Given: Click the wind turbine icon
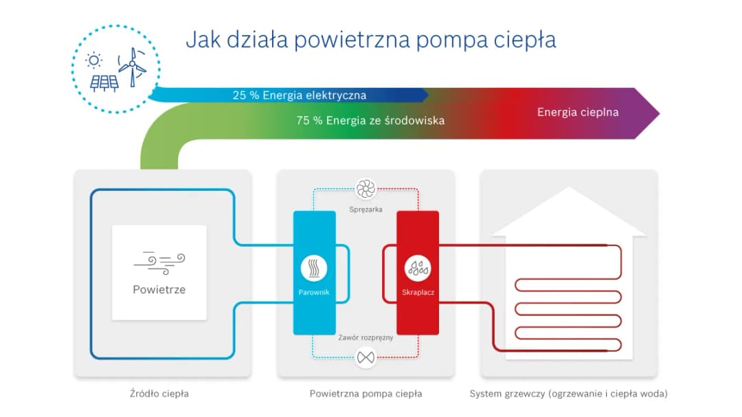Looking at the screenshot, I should click(x=132, y=65).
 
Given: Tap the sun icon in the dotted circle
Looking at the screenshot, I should click(x=94, y=60).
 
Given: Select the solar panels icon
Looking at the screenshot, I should click(x=104, y=83).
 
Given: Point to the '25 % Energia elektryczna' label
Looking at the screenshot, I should click(x=299, y=95).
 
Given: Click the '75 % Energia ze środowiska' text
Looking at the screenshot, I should click(x=370, y=120).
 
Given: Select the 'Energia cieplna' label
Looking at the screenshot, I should click(x=578, y=112).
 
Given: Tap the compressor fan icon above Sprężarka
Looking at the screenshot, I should click(x=366, y=188).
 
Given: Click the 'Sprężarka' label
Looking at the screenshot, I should click(x=366, y=208).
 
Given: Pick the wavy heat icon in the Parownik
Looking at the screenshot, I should click(x=314, y=268).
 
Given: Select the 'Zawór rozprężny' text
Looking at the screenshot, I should click(x=366, y=338).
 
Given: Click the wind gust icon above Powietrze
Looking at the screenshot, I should click(x=159, y=261).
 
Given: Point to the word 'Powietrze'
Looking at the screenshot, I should click(x=159, y=289).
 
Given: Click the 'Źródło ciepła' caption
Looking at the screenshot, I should click(x=159, y=394).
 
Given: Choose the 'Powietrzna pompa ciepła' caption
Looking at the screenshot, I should click(x=366, y=394).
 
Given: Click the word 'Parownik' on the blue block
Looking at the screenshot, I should click(x=314, y=293).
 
